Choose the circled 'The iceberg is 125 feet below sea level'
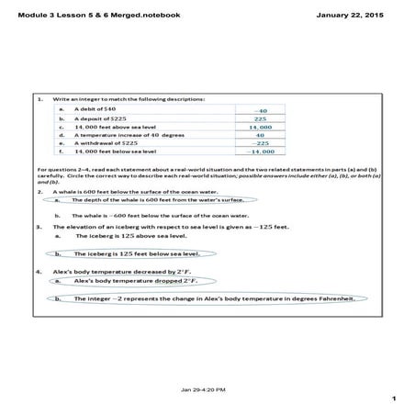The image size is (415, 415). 129,252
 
